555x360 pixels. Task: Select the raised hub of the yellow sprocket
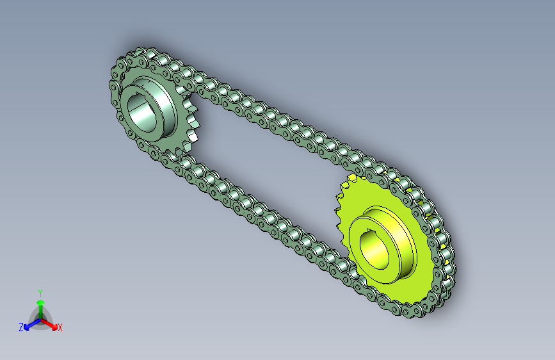[384, 245]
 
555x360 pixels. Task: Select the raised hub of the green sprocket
[149, 108]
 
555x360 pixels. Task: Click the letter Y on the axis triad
[40, 293]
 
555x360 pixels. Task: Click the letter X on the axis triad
[60, 328]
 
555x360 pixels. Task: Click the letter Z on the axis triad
[21, 327]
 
